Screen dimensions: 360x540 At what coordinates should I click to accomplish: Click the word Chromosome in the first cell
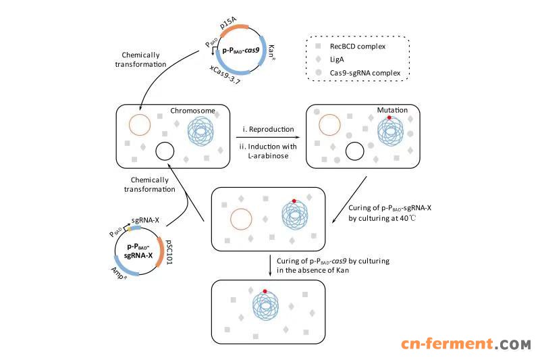tap(192, 111)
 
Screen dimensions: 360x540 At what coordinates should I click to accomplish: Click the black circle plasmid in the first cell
tap(165, 151)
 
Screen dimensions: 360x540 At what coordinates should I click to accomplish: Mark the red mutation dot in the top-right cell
tap(390, 119)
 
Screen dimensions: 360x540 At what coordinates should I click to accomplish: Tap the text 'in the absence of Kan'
tap(316, 271)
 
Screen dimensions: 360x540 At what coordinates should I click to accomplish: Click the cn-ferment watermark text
tap(465, 345)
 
